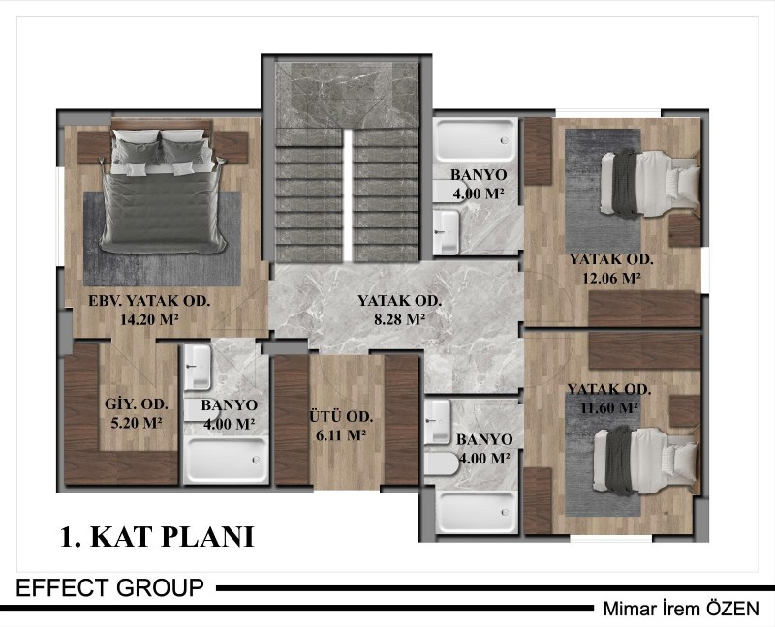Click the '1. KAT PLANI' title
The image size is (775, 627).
pos(157,537)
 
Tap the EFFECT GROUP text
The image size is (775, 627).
pos(109,588)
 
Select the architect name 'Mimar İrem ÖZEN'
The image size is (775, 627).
pos(681,609)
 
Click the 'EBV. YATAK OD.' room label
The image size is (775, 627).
pos(149,301)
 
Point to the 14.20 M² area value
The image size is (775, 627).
pos(149,319)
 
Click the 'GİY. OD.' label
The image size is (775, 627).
pos(137,404)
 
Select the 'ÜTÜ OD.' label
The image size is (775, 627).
pos(341,417)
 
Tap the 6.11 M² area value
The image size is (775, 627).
pos(341,435)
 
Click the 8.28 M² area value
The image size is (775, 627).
pos(399,319)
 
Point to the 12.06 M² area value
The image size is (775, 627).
pos(611,278)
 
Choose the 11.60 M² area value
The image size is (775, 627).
pos(609,408)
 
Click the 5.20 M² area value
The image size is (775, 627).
pos(137,423)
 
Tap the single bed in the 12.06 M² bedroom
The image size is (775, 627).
pos(650,184)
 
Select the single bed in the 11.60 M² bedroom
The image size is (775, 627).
pos(645,461)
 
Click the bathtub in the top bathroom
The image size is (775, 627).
pos(475,139)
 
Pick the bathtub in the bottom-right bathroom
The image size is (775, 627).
pos(477,512)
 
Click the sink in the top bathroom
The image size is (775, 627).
pos(446,231)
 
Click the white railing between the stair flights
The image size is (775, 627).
pos(348,195)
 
